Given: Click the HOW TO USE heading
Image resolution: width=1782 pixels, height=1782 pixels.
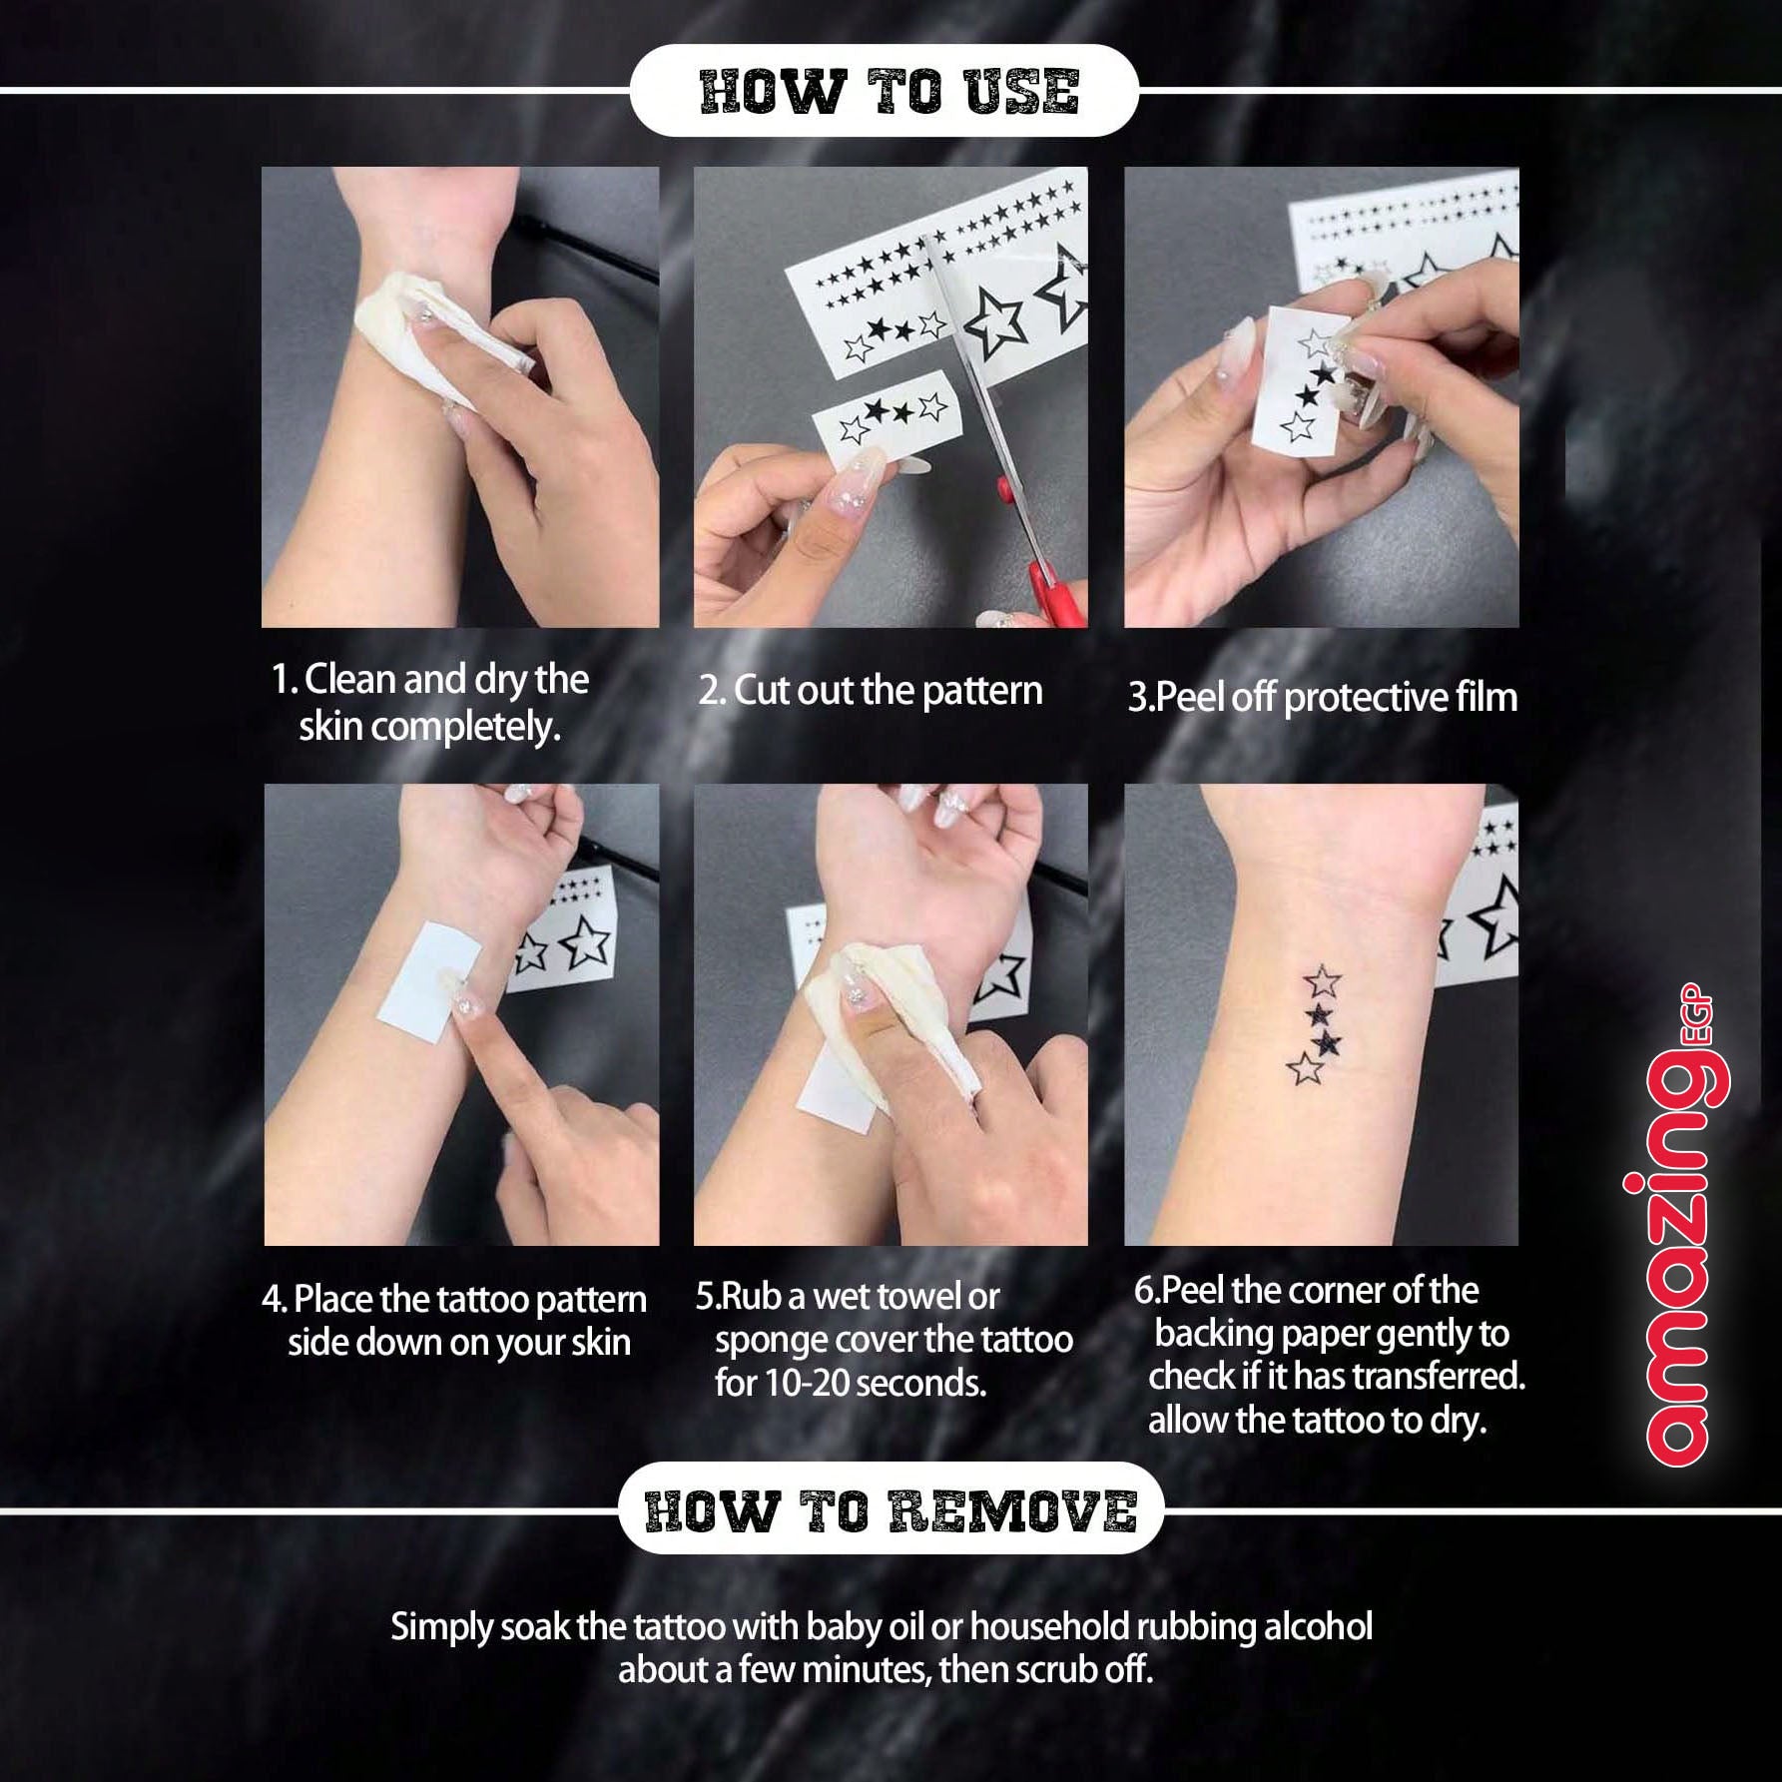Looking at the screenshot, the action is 889,91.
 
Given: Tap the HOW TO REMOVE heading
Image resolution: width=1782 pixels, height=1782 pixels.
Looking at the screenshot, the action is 891,1510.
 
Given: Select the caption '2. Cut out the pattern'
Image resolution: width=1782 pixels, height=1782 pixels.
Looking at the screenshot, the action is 870,691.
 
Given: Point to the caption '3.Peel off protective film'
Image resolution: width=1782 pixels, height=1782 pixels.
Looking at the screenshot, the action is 1323,697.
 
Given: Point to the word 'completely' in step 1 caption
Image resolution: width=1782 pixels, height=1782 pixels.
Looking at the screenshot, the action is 457,729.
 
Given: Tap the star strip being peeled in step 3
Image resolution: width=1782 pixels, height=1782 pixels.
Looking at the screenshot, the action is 1299,376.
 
